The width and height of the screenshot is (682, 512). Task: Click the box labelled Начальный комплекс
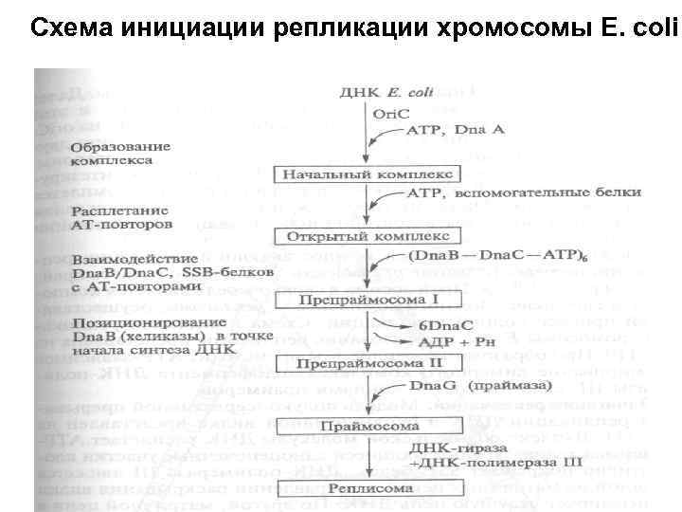tap(354, 175)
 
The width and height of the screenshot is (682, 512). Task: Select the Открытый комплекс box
tap(354, 235)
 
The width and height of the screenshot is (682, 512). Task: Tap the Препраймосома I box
tap(352, 300)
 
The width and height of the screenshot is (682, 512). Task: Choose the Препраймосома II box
tap(353, 364)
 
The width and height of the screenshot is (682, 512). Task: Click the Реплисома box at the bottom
tap(354, 489)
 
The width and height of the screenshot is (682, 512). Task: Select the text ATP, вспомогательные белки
tap(523, 193)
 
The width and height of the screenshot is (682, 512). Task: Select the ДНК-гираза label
tap(451, 446)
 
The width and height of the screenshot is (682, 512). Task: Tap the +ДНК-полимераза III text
tap(468, 462)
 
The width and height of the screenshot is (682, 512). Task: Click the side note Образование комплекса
tap(120, 154)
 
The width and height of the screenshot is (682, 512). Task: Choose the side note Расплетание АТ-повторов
tap(120, 219)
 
